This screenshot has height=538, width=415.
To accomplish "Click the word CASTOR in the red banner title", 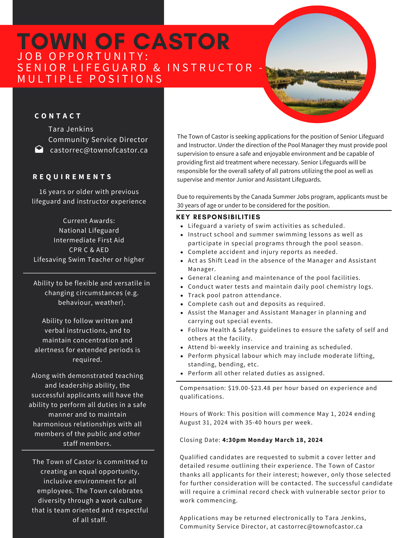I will click(x=182, y=42).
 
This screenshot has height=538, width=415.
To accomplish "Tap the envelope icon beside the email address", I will click(x=39, y=149).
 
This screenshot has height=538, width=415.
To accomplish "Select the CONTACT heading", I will click(x=58, y=116).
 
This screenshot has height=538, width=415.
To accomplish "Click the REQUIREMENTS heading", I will click(x=72, y=177).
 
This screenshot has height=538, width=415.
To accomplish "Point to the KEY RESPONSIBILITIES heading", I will click(x=218, y=217).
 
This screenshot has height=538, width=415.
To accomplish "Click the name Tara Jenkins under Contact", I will click(x=71, y=129).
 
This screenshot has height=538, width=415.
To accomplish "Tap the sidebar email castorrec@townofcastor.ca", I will click(x=99, y=150).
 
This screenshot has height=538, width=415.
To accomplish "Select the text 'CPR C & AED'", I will click(x=89, y=250).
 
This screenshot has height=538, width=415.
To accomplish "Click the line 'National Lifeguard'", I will click(x=89, y=231).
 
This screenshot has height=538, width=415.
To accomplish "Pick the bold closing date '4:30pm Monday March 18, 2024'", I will click(x=272, y=440).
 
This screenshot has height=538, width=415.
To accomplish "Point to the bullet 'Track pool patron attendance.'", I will click(x=234, y=295).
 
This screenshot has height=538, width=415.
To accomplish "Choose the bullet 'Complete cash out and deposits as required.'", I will click(x=256, y=304).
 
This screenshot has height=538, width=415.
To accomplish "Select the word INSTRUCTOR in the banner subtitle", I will click(x=210, y=68).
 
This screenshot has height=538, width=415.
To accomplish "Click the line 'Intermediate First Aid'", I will click(x=89, y=240).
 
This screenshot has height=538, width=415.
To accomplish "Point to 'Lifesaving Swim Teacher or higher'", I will click(x=89, y=260).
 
